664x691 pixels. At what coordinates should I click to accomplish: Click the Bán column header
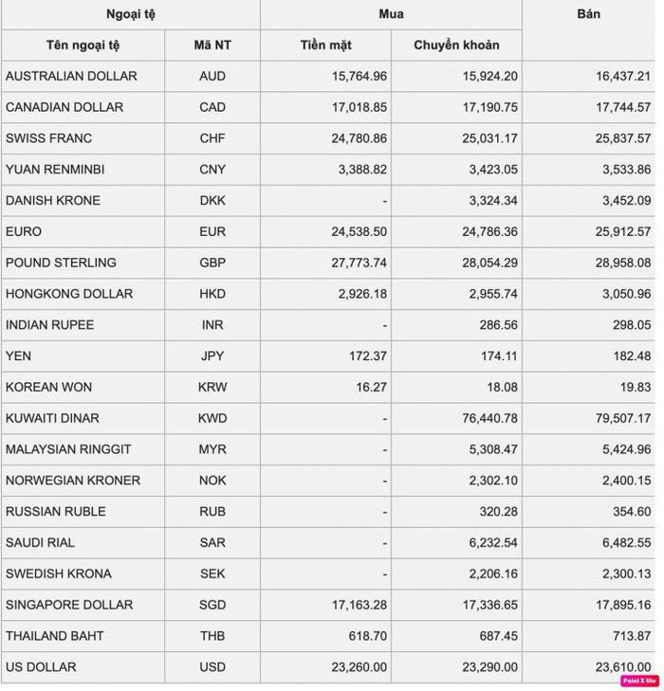pos(588,14)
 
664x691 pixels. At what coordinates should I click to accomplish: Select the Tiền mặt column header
pos(325,45)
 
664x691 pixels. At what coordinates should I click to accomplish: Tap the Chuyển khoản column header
pos(456,45)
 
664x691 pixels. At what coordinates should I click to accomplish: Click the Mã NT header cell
pos(212,45)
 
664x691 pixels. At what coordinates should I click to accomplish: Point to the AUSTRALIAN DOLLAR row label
pos(71,76)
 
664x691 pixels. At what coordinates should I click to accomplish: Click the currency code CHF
pos(212,138)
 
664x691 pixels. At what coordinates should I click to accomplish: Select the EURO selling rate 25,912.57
pos(623,231)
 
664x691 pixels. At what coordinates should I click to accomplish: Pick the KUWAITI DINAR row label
pos(52,418)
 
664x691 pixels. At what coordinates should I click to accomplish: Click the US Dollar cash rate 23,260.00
pos(359,667)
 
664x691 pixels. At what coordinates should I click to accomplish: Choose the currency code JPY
pos(212,356)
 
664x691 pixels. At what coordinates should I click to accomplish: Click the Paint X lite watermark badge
pos(639,681)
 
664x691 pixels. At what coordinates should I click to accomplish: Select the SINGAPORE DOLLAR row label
pos(69,605)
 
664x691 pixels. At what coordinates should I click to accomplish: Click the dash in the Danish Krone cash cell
pos(383,201)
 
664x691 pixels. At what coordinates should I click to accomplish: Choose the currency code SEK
pos(212,573)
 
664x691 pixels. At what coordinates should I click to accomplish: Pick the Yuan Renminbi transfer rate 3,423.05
pos(491,170)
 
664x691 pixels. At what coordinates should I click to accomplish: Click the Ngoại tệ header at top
pos(130,14)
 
